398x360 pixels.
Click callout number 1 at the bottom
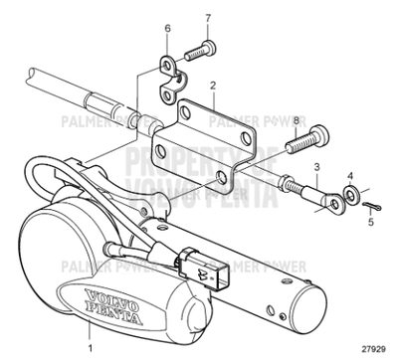pyautogui.click(x=91, y=349)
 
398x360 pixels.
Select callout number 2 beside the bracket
pyautogui.click(x=212, y=86)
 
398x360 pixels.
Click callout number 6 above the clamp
pyautogui.click(x=167, y=29)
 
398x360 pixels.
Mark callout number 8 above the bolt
pyautogui.click(x=295, y=119)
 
